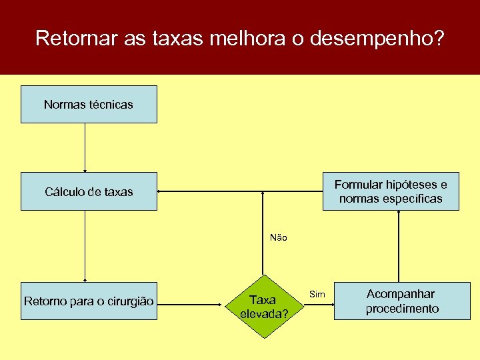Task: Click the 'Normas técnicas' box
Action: [89, 104]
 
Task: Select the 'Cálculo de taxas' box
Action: [89, 191]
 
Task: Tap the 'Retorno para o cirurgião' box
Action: [89, 301]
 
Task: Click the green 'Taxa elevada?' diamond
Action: [266, 307]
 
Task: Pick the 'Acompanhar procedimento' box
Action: [402, 301]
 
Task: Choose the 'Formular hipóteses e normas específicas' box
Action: [391, 191]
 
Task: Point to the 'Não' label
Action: [279, 237]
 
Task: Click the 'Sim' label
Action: [318, 294]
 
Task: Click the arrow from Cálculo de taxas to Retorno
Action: [85, 247]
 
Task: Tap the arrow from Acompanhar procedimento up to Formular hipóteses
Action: [399, 247]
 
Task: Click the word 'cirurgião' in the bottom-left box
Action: [130, 301]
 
